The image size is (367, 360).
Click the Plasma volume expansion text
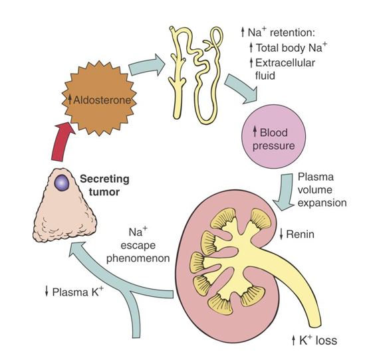coord(318,190)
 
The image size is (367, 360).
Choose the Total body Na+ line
coord(291,48)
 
